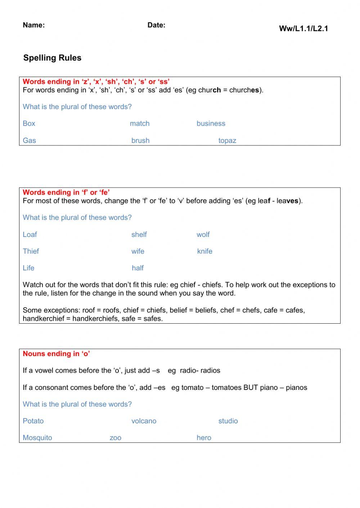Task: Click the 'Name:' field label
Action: click(33, 25)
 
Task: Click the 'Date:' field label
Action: click(156, 25)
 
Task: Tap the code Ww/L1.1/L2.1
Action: click(303, 29)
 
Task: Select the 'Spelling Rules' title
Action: click(52, 58)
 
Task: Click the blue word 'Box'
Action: click(29, 123)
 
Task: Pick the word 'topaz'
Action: click(227, 141)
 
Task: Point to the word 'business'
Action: click(211, 123)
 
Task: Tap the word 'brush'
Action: click(140, 141)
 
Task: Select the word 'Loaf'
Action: click(30, 235)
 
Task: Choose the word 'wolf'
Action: click(203, 235)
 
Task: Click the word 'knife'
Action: click(204, 251)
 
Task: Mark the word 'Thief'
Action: click(31, 251)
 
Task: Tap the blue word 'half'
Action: click(138, 268)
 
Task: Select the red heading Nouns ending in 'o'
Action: click(56, 354)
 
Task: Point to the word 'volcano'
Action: click(144, 421)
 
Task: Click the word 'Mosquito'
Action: click(37, 438)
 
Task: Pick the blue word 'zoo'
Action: click(115, 438)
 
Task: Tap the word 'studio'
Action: click(228, 421)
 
